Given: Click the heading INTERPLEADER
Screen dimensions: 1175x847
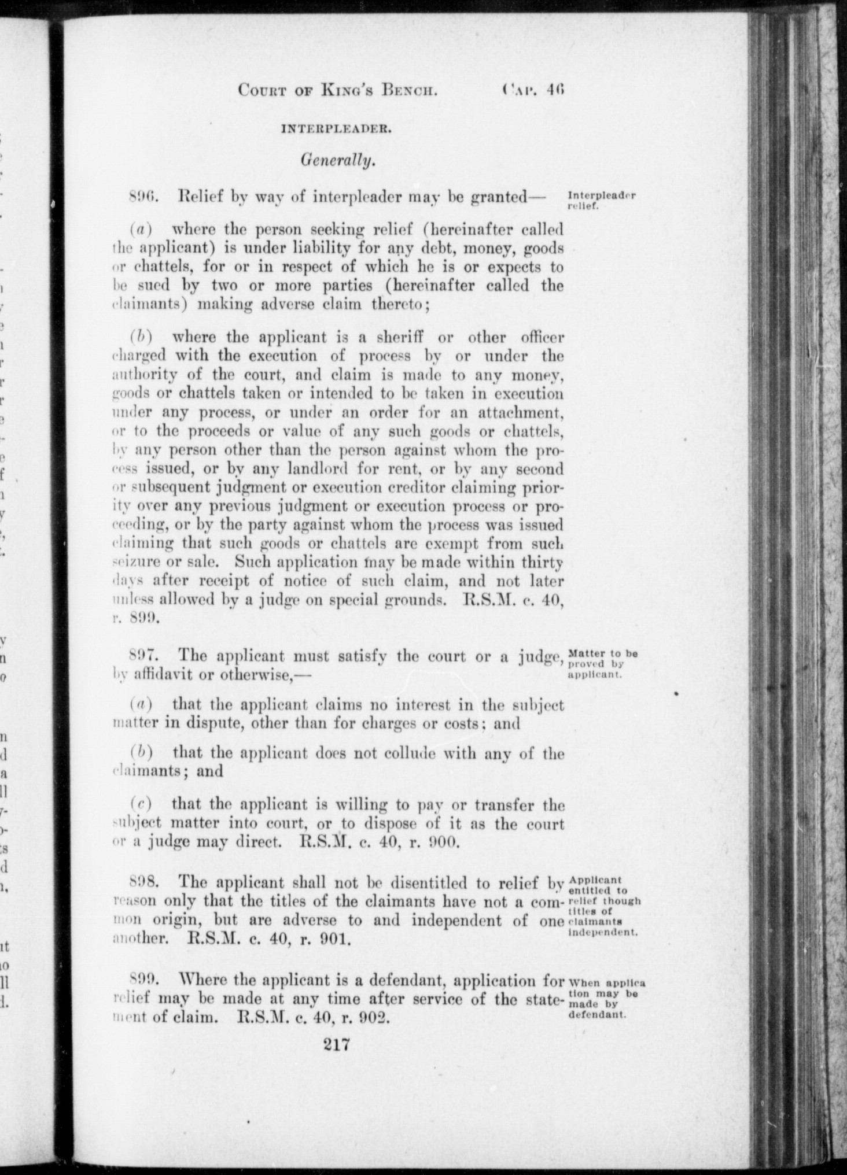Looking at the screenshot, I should tap(337, 130).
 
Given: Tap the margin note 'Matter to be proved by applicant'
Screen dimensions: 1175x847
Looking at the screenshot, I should tap(602, 664).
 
